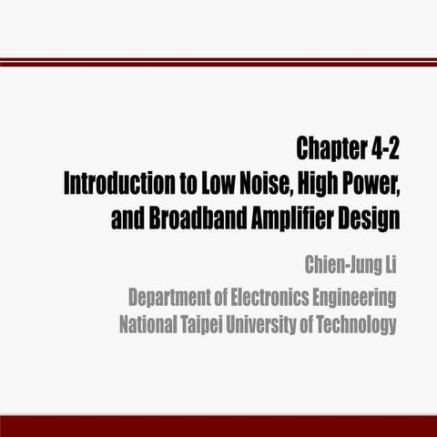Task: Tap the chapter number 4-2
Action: coord(381,147)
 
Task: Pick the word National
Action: coord(150,325)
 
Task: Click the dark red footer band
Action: coord(218,427)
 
